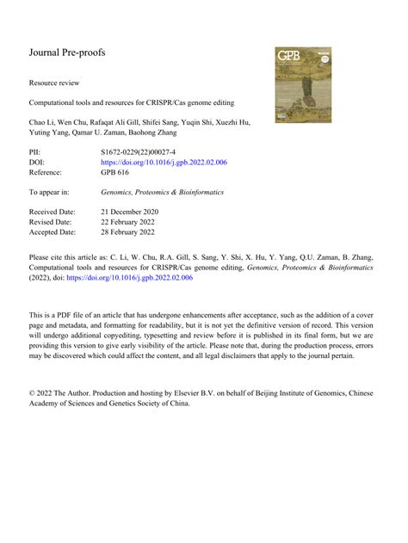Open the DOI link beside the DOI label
(x=164, y=162)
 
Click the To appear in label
(x=49, y=192)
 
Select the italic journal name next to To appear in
(x=162, y=192)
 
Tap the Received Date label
(x=53, y=211)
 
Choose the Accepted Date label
(x=53, y=232)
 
